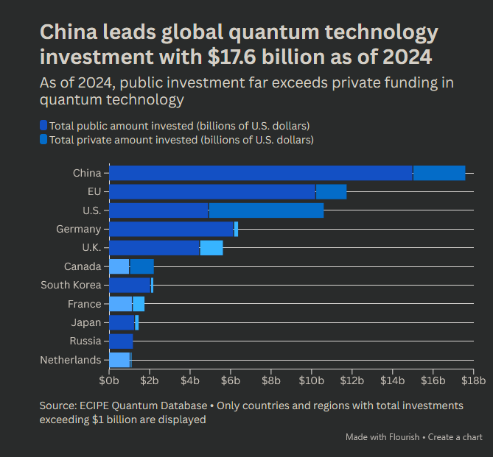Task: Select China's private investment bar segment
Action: pyautogui.click(x=439, y=173)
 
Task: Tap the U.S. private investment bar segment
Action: pyautogui.click(x=266, y=210)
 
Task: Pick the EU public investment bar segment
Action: pyautogui.click(x=212, y=192)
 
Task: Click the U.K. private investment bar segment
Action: pyautogui.click(x=211, y=248)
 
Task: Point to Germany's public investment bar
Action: pyautogui.click(x=171, y=230)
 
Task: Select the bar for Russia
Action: pyautogui.click(x=121, y=341)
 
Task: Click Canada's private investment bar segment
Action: pyautogui.click(x=141, y=266)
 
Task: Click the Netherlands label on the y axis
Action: pyautogui.click(x=71, y=360)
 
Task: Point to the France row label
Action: pyautogui.click(x=84, y=304)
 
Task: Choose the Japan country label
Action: pyautogui.click(x=85, y=322)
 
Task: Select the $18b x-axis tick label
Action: pyautogui.click(x=473, y=380)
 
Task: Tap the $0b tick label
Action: pyautogui.click(x=109, y=380)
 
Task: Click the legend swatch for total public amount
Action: pyautogui.click(x=44, y=126)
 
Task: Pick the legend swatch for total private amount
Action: pyautogui.click(x=44, y=139)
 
